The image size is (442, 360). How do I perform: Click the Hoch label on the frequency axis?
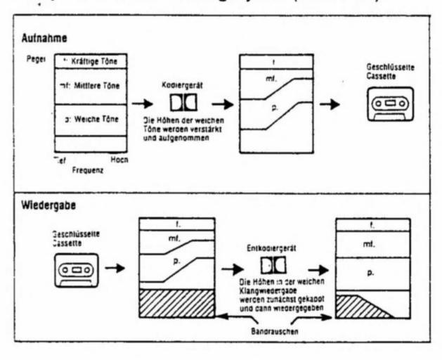(x=117, y=160)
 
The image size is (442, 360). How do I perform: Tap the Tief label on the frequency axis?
(x=61, y=160)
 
